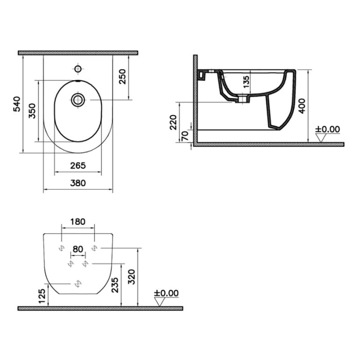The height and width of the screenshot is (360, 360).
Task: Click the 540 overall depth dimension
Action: (x=16, y=104)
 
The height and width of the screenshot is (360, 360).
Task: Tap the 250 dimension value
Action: (x=122, y=78)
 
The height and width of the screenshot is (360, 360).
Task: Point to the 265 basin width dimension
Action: (x=77, y=166)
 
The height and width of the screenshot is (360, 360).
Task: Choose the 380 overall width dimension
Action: (x=78, y=183)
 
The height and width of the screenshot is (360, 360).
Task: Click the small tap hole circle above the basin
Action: (x=78, y=68)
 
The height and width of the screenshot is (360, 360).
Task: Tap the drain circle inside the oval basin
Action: (x=78, y=99)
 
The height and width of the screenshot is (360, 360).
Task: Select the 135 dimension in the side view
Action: (x=246, y=81)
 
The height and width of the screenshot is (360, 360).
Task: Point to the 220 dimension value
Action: (x=173, y=122)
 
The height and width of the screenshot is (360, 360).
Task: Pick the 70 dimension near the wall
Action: (x=183, y=136)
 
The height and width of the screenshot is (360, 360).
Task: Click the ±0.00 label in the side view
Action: (x=328, y=129)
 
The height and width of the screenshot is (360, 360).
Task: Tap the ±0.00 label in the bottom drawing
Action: (x=166, y=293)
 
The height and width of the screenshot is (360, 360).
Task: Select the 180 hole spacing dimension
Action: (x=77, y=222)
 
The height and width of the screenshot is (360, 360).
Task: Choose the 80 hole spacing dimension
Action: (x=78, y=249)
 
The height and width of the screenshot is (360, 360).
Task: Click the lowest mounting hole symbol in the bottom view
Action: (x=78, y=283)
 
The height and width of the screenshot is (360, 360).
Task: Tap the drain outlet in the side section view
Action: (x=240, y=99)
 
